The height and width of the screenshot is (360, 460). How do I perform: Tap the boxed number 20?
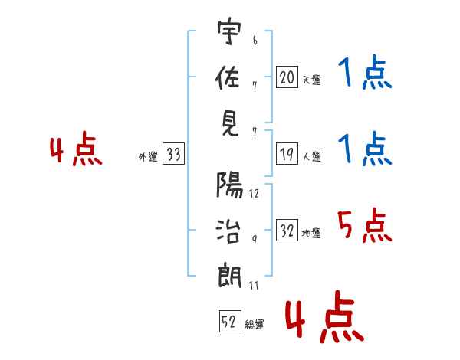[x=287, y=77]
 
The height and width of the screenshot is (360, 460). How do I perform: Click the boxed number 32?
[x=287, y=231]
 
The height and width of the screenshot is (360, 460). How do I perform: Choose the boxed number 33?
[x=173, y=155]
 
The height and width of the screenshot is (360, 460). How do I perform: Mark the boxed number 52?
[x=229, y=322]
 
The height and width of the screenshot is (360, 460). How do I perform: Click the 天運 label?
[x=311, y=80]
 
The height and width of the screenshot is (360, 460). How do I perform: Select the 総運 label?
[x=255, y=325]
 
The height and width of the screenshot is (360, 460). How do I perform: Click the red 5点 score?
[x=364, y=226]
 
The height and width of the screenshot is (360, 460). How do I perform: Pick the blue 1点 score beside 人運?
[x=364, y=149]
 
